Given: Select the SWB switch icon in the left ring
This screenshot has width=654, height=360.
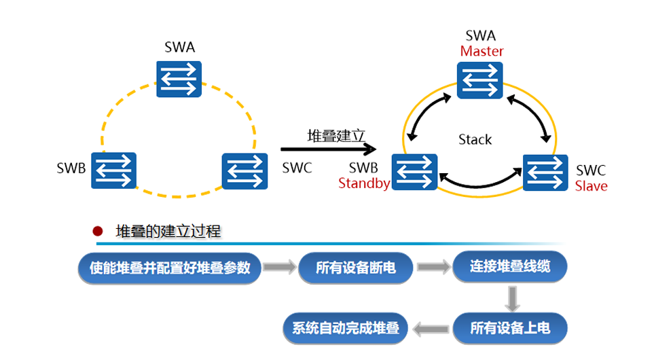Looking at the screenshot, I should pyautogui.click(x=114, y=170).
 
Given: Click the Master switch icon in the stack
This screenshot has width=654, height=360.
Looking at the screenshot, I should pyautogui.click(x=480, y=79).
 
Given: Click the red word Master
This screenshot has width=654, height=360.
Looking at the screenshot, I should pyautogui.click(x=482, y=51).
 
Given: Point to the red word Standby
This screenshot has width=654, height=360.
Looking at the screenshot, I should pyautogui.click(x=363, y=183).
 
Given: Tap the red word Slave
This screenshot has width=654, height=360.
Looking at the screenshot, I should pyautogui.click(x=591, y=185).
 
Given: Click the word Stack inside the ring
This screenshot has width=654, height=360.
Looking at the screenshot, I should pyautogui.click(x=475, y=140).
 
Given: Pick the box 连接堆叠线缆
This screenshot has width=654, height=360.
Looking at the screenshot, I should pyautogui.click(x=510, y=267).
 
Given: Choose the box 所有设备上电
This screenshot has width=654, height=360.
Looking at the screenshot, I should pyautogui.click(x=510, y=329).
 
